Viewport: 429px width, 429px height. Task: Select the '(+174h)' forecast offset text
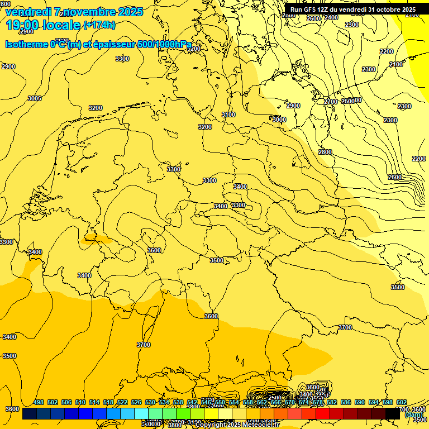(x=99, y=25)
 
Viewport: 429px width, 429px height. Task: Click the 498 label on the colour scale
(x=39, y=402)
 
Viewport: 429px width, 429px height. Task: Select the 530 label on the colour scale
(x=150, y=402)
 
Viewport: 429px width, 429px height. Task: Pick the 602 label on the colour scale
(x=402, y=402)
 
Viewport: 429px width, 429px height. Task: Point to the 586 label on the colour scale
(x=346, y=402)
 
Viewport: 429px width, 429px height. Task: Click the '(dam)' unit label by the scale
(x=414, y=414)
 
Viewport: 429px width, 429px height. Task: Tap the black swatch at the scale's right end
(x=393, y=414)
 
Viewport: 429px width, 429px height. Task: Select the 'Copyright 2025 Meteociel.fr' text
(x=237, y=425)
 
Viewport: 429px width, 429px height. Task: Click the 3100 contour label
(x=228, y=115)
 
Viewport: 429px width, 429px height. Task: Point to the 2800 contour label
(x=325, y=152)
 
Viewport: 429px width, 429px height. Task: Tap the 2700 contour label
(x=331, y=102)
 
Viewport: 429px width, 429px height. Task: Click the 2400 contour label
(x=331, y=17)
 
